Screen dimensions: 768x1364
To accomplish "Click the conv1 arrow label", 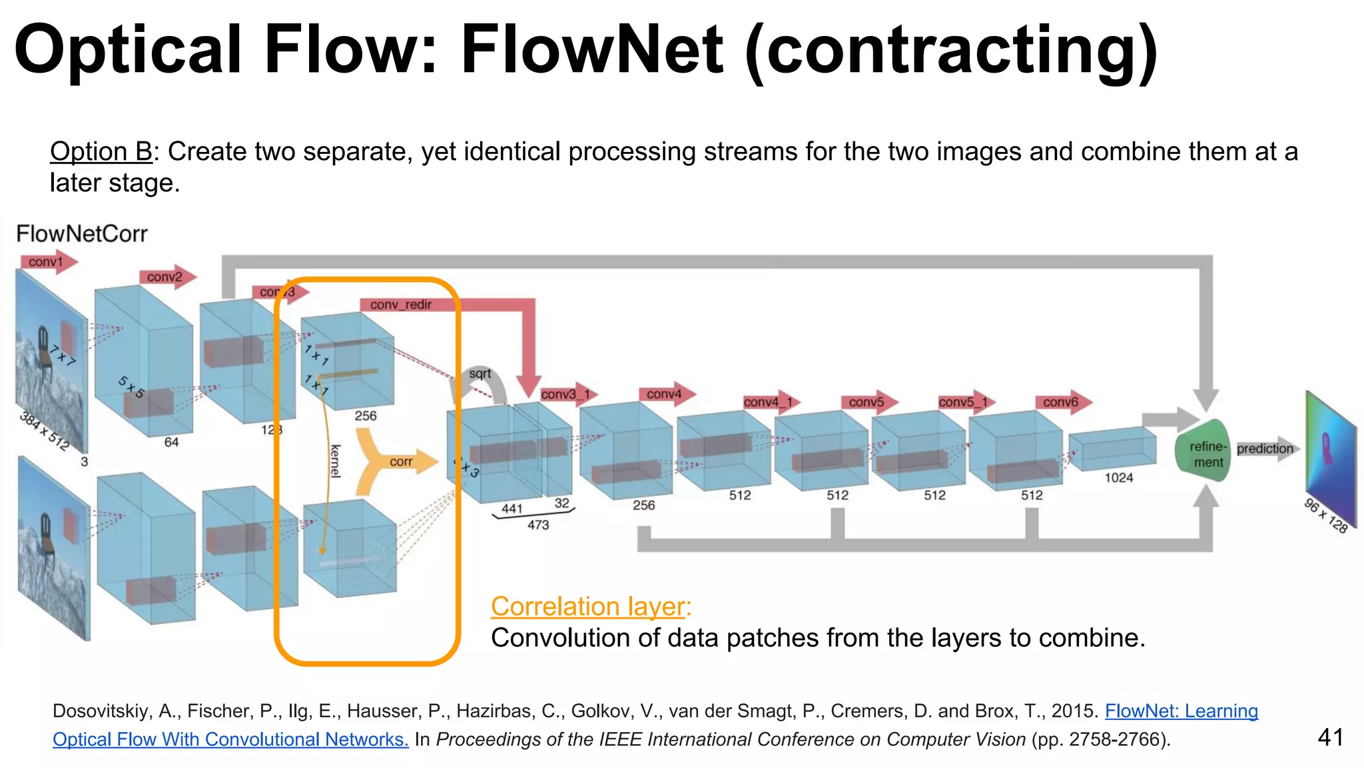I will (45, 262).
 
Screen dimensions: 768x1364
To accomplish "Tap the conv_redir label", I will (400, 305).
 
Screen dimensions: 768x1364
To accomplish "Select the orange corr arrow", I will (400, 461).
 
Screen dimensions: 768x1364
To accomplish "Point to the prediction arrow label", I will (1264, 449).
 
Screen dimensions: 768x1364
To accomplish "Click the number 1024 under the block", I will (1118, 477).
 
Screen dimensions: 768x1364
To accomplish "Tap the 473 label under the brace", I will (538, 525).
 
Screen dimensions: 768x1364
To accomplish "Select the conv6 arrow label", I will (1060, 402).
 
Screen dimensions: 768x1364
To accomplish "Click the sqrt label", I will (480, 374).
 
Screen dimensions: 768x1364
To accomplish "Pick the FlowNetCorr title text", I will (81, 234).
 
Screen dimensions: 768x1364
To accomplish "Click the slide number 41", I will (1330, 737).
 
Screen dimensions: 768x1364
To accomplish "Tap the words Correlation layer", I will (590, 607).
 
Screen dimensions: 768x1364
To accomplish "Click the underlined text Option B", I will (101, 152).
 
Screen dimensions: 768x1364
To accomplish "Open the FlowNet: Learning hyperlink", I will (1181, 711).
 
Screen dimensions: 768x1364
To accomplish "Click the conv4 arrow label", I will (664, 394).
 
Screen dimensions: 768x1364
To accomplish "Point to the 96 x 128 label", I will (1325, 515).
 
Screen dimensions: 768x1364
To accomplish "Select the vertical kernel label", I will (335, 461).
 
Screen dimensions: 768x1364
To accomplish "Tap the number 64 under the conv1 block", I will (171, 442).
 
